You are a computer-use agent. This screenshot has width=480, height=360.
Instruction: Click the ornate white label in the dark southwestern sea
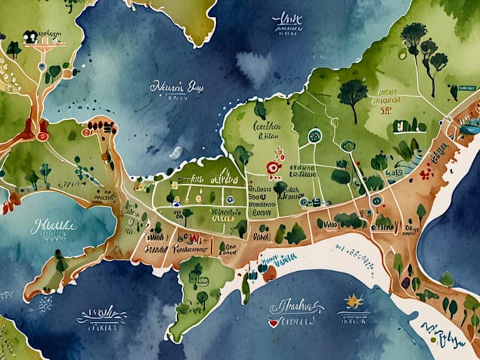pos(102,314)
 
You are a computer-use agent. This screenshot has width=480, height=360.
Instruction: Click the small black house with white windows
pos(30,37)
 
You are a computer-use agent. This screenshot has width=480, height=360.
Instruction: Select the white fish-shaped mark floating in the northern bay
pos(176,152)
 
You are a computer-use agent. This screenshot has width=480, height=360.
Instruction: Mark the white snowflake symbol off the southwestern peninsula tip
pos(44,304)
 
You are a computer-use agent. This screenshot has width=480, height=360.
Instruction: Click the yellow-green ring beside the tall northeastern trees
pos(402,54)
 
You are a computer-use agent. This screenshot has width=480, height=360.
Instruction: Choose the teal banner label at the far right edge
pos(468,128)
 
